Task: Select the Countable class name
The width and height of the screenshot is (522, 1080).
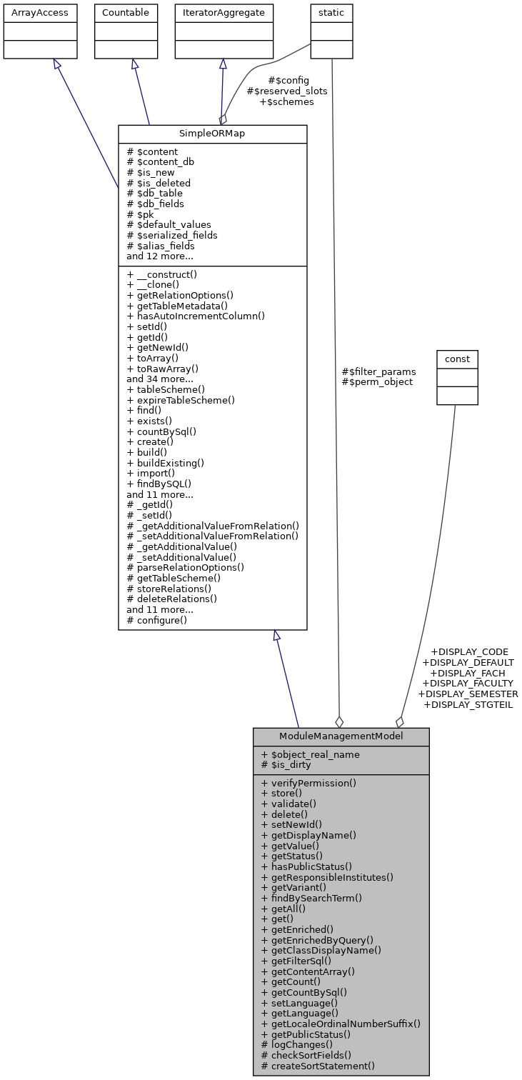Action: pos(126,13)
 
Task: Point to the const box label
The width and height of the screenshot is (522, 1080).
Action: pos(457,358)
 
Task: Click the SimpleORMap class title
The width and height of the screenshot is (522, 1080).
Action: pos(212,134)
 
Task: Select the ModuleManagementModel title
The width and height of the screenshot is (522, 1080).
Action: pos(341,736)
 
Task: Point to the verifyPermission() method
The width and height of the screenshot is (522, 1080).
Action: pos(308,783)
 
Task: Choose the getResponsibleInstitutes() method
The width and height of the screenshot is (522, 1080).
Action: pos(327,877)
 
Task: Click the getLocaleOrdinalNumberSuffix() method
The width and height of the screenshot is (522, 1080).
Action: pos(341,1024)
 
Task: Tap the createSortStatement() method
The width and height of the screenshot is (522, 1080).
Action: pos(318,1066)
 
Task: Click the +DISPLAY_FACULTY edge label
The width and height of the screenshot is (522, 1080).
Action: pos(468,683)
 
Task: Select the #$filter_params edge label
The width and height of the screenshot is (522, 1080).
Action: pos(378,371)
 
